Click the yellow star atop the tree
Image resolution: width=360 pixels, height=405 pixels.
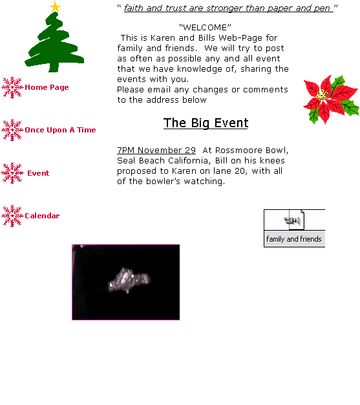tap(56, 6)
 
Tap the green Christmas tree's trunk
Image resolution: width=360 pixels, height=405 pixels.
tap(54, 67)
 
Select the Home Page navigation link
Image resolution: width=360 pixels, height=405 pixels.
tap(47, 87)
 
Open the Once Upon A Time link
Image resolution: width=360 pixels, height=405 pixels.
tap(60, 130)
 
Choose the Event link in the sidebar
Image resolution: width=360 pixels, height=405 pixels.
tap(38, 173)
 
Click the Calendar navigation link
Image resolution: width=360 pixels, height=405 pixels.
tap(42, 216)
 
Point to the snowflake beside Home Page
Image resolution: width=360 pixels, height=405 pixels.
tap(12, 88)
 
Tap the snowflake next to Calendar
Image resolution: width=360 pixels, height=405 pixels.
tap(12, 216)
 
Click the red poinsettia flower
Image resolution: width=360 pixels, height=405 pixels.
tap(332, 99)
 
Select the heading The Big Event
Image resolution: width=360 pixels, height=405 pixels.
tap(206, 123)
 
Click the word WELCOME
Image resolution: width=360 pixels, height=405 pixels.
tap(205, 27)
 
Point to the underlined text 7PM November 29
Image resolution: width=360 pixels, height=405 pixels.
tap(156, 150)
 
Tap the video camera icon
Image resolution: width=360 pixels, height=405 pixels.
tap(293, 221)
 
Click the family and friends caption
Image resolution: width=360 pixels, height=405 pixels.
tap(294, 239)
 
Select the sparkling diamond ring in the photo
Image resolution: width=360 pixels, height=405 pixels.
tap(129, 280)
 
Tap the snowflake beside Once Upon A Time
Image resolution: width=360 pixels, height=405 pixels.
tap(12, 130)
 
